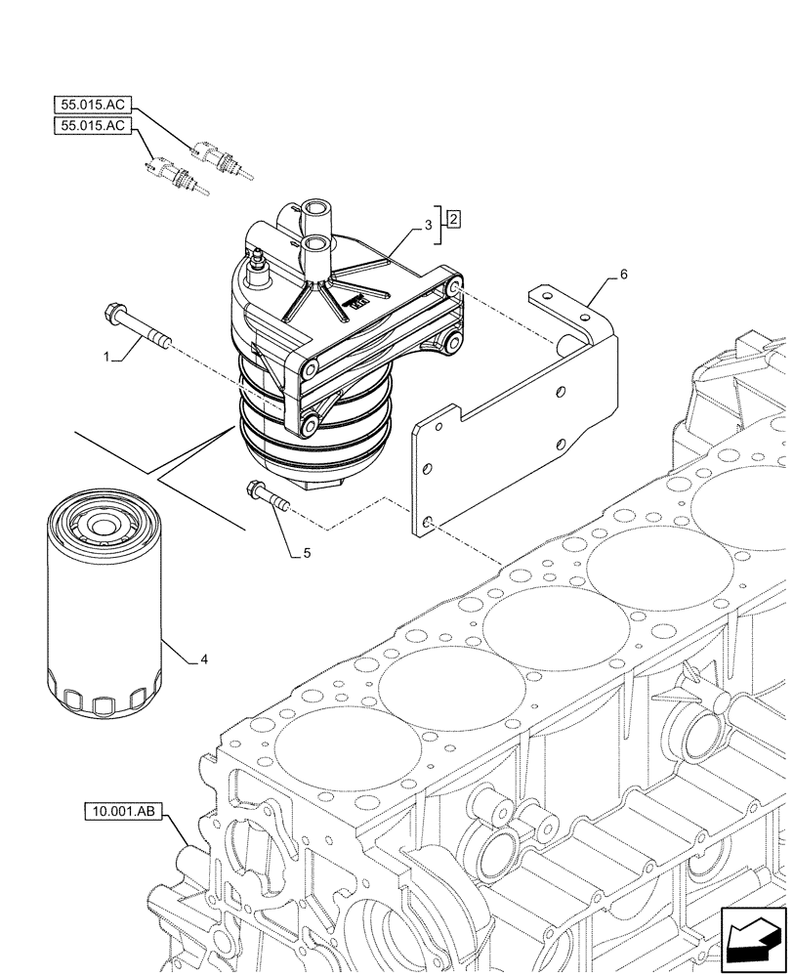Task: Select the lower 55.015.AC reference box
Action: [93, 127]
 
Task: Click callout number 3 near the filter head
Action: [428, 226]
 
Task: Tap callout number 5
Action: [307, 553]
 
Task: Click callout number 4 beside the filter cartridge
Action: [203, 659]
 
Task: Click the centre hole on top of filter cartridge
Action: [99, 529]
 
